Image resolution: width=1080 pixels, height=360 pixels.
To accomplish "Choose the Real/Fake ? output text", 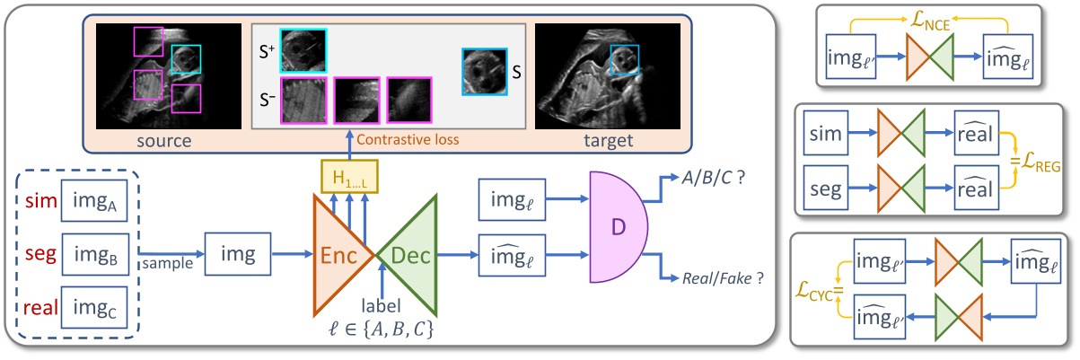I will click(722, 279).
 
